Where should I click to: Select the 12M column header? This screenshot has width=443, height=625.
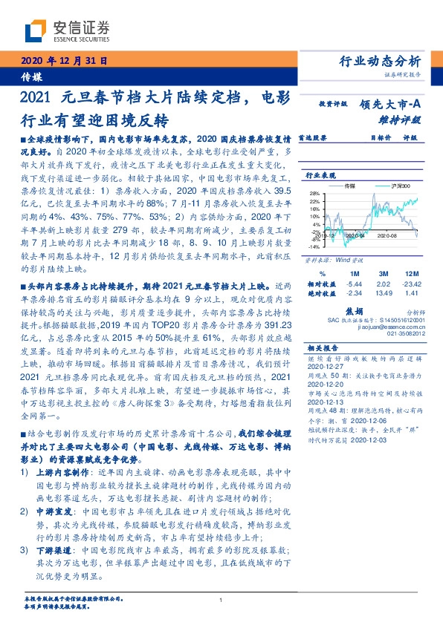coord(413,275)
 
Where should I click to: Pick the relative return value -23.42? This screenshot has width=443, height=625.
coord(412,284)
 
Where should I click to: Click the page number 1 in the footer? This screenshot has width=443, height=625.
coord(221,601)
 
